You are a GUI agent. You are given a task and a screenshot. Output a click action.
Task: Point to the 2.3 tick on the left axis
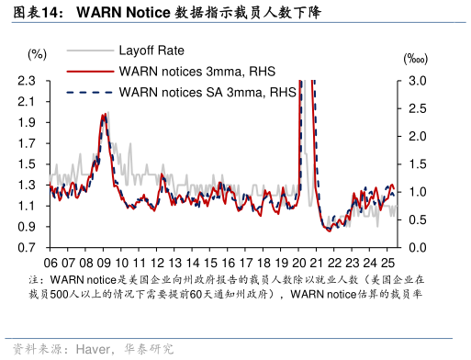[x=28, y=81]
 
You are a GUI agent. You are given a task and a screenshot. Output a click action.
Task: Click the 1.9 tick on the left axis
[x=28, y=122]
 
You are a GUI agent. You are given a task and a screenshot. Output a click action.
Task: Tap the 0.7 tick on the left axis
[x=28, y=248]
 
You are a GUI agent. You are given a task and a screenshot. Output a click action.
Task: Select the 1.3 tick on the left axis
[x=28, y=185]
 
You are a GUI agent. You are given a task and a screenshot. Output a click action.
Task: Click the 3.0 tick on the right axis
[x=418, y=81]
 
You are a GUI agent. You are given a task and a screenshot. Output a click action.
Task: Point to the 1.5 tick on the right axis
[x=418, y=164]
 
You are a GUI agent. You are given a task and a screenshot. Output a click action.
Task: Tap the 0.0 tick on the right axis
[x=418, y=248]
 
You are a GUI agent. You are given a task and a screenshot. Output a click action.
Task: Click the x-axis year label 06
[x=51, y=261]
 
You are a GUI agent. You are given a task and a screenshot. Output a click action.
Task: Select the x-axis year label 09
[x=105, y=261]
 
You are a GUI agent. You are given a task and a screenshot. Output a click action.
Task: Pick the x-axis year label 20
[x=301, y=261]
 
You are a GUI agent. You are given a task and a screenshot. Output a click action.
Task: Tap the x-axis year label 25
[x=390, y=261]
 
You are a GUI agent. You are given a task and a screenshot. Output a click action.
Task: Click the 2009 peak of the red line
[x=105, y=115]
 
